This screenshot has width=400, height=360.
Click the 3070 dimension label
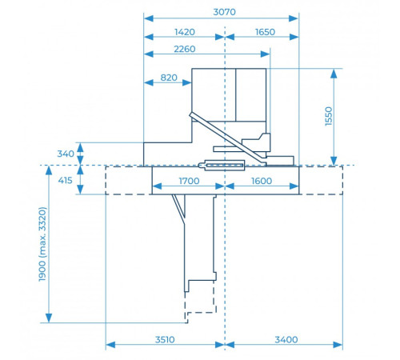224,12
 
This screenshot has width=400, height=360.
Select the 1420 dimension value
185,32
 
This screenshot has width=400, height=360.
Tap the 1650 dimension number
265,32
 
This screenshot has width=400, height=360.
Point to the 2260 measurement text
185,49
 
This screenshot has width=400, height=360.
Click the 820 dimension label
169,78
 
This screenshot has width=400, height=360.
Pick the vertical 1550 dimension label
329,116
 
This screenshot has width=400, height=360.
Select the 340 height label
66,154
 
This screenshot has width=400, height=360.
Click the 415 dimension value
65,181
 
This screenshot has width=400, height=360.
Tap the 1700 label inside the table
189,181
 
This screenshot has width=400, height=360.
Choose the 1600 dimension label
262,181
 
